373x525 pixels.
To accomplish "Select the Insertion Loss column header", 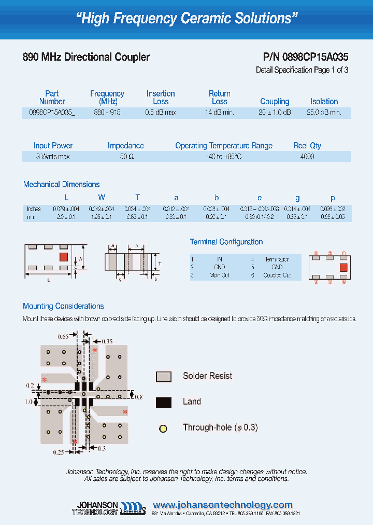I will coord(161,98).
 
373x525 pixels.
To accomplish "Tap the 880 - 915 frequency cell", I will coord(107,113).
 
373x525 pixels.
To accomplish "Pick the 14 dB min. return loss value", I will coord(219,113).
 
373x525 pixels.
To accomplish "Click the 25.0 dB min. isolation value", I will coord(324,113).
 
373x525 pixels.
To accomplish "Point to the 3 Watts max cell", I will coord(53,157).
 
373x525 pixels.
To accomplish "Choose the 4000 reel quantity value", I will coord(307,157).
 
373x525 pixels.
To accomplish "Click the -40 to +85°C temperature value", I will coord(224,157).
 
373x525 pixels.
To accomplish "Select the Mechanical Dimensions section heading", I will coord(62,185).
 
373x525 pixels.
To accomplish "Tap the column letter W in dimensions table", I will coord(102,198).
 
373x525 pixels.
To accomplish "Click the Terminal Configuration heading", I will coord(226,242).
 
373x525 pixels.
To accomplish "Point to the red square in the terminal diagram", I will coord(343,268).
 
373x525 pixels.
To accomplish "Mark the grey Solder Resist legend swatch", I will coord(164,377).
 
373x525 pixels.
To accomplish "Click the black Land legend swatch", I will coord(164,402).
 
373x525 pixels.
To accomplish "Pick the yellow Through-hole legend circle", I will coord(163,429).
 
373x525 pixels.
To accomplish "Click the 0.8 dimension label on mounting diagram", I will coord(138,397).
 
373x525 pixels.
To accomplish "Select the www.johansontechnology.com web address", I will coord(223,505).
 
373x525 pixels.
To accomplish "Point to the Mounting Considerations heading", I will coord(64,307).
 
